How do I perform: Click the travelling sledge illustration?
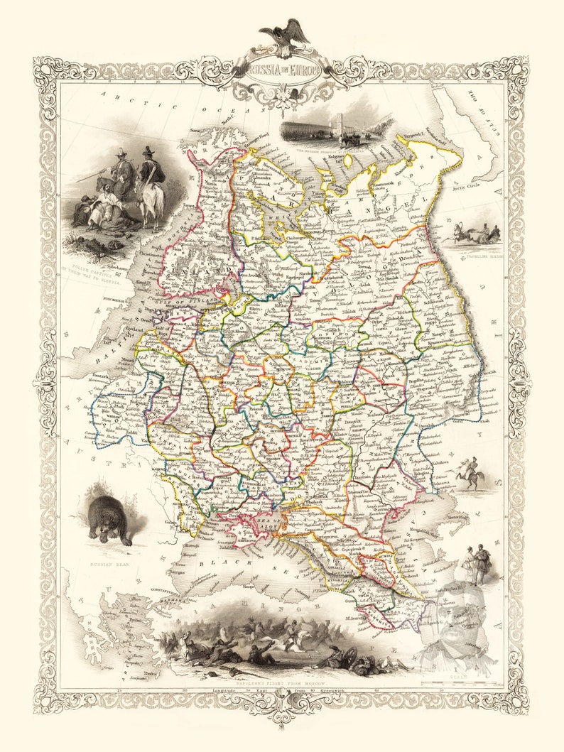(x=472, y=234)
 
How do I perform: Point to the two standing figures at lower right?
(x=476, y=565)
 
